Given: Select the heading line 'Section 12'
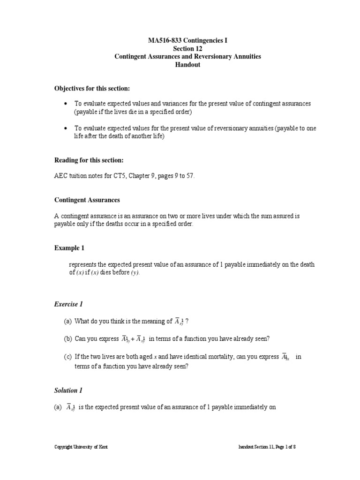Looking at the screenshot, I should pyautogui.click(x=187, y=48).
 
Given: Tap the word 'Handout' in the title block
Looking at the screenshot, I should pyautogui.click(x=187, y=65).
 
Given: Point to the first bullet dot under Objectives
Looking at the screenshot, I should pyautogui.click(x=65, y=104).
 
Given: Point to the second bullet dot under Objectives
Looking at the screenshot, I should pyautogui.click(x=65, y=128).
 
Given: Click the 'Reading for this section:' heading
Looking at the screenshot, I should pyautogui.click(x=89, y=160).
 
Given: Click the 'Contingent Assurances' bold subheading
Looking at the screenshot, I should pyautogui.click(x=87, y=200).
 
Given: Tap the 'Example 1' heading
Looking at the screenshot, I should pyautogui.click(x=69, y=248).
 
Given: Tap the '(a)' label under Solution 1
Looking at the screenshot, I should pyautogui.click(x=58, y=407).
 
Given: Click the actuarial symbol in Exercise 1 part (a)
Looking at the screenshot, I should pyautogui.click(x=180, y=322).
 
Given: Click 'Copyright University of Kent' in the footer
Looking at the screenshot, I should pyautogui.click(x=81, y=447).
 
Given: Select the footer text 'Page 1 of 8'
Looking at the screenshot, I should pyautogui.click(x=283, y=447).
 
